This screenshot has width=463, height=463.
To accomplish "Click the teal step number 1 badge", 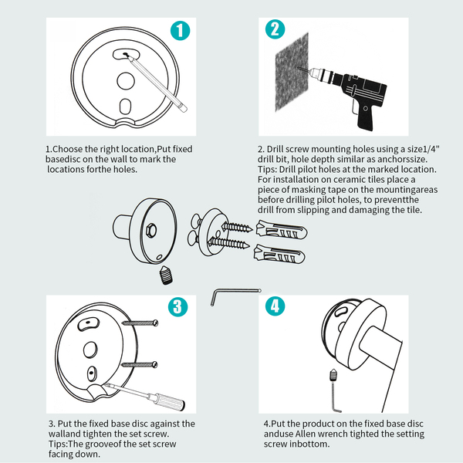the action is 180,31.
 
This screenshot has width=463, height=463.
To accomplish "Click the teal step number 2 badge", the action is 275,29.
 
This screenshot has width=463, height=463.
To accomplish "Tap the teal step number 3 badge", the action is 177,307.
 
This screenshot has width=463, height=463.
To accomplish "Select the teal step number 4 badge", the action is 275,306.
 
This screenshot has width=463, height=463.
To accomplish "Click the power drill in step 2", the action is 346,94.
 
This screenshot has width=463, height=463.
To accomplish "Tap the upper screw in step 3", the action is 140,323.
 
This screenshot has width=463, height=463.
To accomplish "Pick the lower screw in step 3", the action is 140,365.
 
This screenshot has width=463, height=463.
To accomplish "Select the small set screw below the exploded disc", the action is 166,275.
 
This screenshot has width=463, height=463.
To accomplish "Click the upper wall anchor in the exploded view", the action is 281,230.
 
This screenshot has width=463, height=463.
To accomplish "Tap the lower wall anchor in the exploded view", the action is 279,254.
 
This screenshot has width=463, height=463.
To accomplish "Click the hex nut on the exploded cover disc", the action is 152,230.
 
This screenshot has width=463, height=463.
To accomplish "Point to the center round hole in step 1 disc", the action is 126,80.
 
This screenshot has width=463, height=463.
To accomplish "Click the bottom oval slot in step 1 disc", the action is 125,106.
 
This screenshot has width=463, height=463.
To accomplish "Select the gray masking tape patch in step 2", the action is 292,72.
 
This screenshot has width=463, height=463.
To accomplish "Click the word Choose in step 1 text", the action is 67,149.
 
